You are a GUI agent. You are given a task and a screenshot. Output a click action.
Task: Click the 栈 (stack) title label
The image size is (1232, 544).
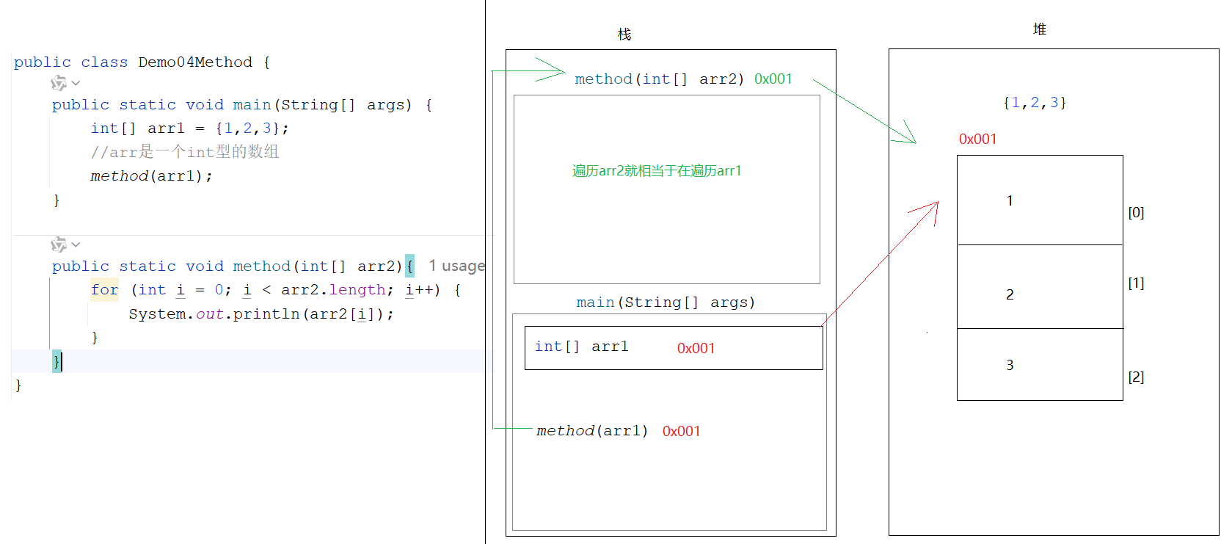pos(624,35)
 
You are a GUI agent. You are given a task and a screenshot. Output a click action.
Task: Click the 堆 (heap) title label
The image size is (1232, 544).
pos(1039,29)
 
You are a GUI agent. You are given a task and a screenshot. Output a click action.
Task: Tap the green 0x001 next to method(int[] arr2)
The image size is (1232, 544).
pos(773,79)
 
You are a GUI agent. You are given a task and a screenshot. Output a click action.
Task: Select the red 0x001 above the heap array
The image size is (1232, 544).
pos(977,139)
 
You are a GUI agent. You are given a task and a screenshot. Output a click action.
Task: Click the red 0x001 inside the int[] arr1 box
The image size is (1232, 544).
pos(696,348)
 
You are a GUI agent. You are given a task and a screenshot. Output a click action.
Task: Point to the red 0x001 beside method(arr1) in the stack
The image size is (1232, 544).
pos(681,432)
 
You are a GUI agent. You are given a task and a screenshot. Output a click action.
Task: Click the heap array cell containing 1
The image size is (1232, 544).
pos(1040,200)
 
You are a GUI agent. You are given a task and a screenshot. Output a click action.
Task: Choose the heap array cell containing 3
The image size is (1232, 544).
pos(1040,365)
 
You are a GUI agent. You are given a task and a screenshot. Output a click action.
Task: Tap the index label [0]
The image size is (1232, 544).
pos(1136,213)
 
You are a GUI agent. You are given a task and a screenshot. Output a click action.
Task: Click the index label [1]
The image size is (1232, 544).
pos(1136,283)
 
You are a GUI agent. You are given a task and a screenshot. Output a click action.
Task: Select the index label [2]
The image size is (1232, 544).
pos(1136,377)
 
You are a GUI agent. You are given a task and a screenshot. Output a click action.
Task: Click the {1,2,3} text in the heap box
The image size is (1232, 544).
pos(1035,103)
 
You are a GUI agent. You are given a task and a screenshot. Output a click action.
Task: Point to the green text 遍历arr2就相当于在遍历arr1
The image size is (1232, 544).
pos(657,171)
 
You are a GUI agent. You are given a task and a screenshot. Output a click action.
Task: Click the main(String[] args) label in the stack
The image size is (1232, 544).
pos(666,302)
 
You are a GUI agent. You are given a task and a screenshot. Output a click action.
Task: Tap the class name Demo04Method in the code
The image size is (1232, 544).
pos(195,62)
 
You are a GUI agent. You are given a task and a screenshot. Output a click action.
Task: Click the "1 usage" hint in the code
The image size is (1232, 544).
pos(456,266)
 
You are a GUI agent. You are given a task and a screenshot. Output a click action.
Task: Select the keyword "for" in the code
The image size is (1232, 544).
pos(104,290)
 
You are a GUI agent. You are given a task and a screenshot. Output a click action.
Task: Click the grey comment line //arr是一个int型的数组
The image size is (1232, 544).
pos(184,152)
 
